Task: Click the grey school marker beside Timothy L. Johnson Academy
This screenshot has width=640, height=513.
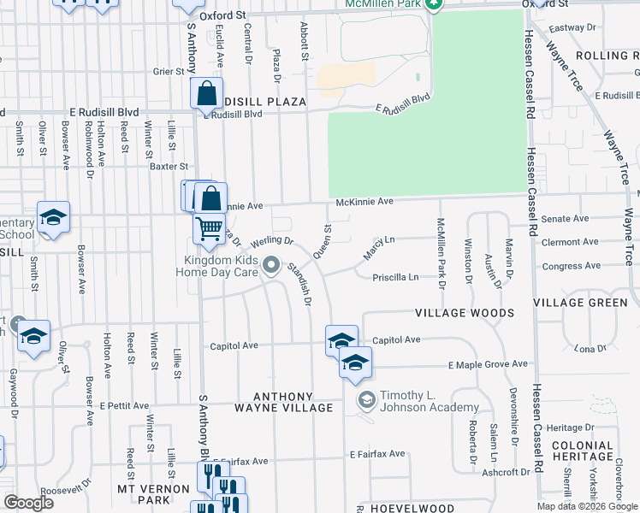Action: (x=366, y=400)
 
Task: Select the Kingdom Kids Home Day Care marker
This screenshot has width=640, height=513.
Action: (x=272, y=266)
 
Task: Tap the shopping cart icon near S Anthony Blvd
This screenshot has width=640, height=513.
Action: (x=209, y=229)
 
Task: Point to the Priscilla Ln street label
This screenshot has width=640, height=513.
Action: (x=395, y=277)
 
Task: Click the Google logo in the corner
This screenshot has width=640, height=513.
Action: (x=28, y=503)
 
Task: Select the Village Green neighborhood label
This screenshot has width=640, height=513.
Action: (x=585, y=303)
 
